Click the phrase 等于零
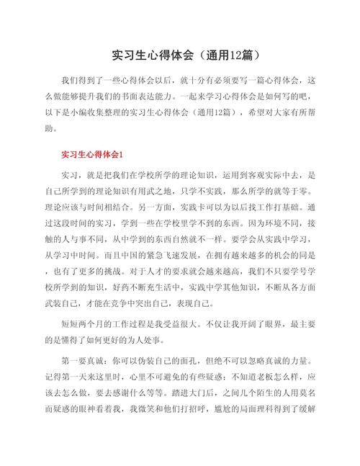pos(301,193)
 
